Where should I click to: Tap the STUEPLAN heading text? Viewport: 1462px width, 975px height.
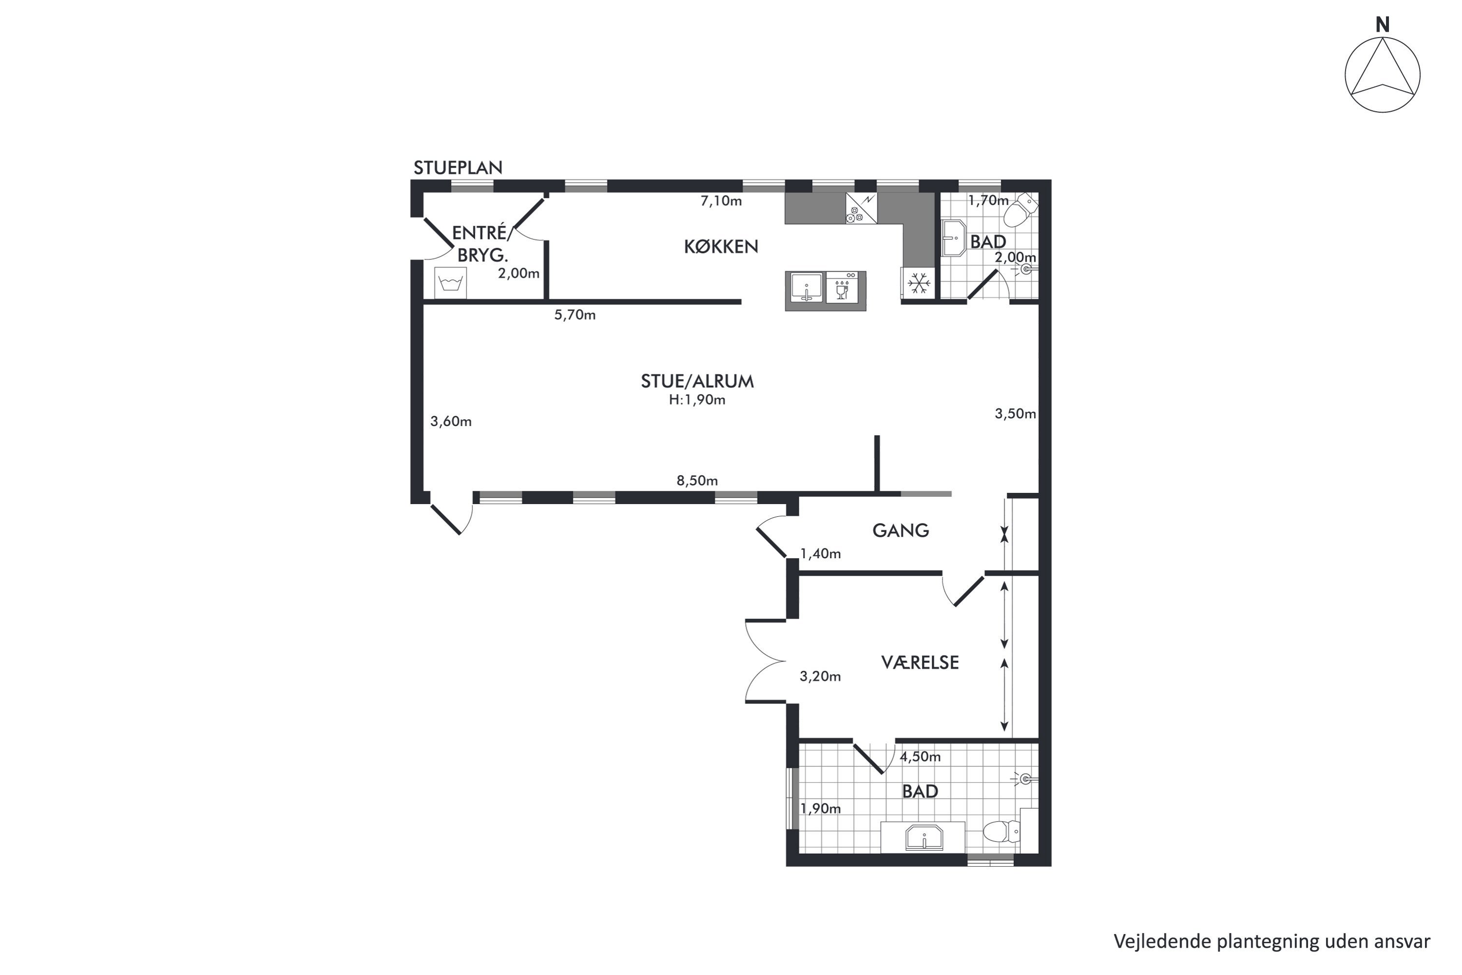tap(458, 168)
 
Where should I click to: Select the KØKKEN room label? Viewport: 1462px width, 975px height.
tap(721, 247)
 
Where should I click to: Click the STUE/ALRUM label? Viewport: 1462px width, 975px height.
tap(697, 381)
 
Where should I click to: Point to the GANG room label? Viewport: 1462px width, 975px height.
tap(901, 530)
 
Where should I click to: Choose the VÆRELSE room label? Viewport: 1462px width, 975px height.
tap(920, 663)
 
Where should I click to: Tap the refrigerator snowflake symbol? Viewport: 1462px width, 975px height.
tap(918, 284)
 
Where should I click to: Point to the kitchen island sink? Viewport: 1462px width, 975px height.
tap(806, 288)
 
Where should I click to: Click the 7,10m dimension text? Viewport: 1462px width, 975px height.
tap(721, 201)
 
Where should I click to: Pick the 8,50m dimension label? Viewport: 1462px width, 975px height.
tap(697, 481)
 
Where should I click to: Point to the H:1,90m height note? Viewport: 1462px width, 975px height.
tap(697, 400)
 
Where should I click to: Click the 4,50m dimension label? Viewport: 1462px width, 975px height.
tap(920, 757)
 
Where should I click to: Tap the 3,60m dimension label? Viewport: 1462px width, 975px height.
tap(451, 422)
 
